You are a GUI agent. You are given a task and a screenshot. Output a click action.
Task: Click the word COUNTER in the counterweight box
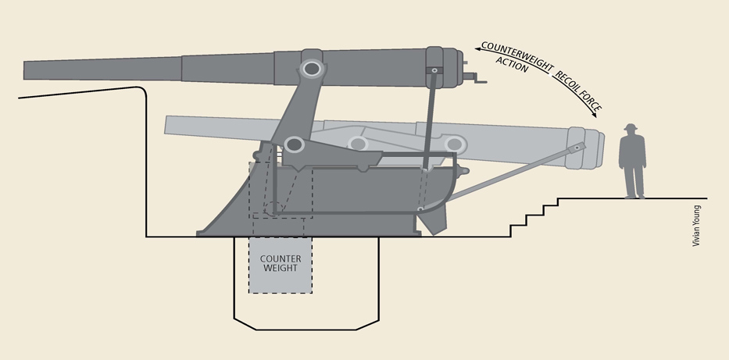click(x=280, y=258)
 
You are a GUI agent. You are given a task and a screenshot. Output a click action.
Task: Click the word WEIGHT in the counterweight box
click(x=280, y=269)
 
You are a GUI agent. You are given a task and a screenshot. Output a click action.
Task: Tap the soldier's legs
click(x=633, y=181)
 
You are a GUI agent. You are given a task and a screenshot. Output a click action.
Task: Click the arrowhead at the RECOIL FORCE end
click(x=596, y=114)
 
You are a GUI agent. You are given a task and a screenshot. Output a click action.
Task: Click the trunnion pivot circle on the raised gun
click(x=312, y=69)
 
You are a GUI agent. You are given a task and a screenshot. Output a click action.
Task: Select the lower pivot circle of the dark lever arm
click(x=295, y=144)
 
